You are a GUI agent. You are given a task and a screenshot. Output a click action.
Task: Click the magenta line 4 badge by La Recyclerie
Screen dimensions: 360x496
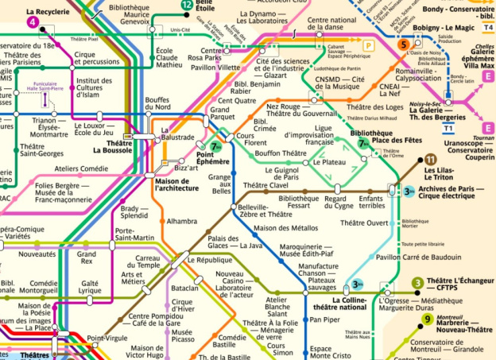click(33, 22)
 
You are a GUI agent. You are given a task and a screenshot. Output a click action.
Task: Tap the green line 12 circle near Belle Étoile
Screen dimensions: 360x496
click(187, 5)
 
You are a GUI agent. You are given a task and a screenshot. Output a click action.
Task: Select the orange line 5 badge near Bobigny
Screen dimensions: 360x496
click(405, 45)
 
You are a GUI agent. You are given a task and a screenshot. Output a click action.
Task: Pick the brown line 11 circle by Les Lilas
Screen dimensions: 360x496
click(430, 160)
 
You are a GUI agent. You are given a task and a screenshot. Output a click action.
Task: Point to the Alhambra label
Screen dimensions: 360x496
click(181, 221)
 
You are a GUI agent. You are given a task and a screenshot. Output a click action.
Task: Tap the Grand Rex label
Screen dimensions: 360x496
click(86, 258)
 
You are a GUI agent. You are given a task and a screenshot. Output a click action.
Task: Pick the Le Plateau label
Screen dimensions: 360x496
click(328, 162)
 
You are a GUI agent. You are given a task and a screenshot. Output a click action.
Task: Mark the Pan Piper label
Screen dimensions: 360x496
click(325, 319)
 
